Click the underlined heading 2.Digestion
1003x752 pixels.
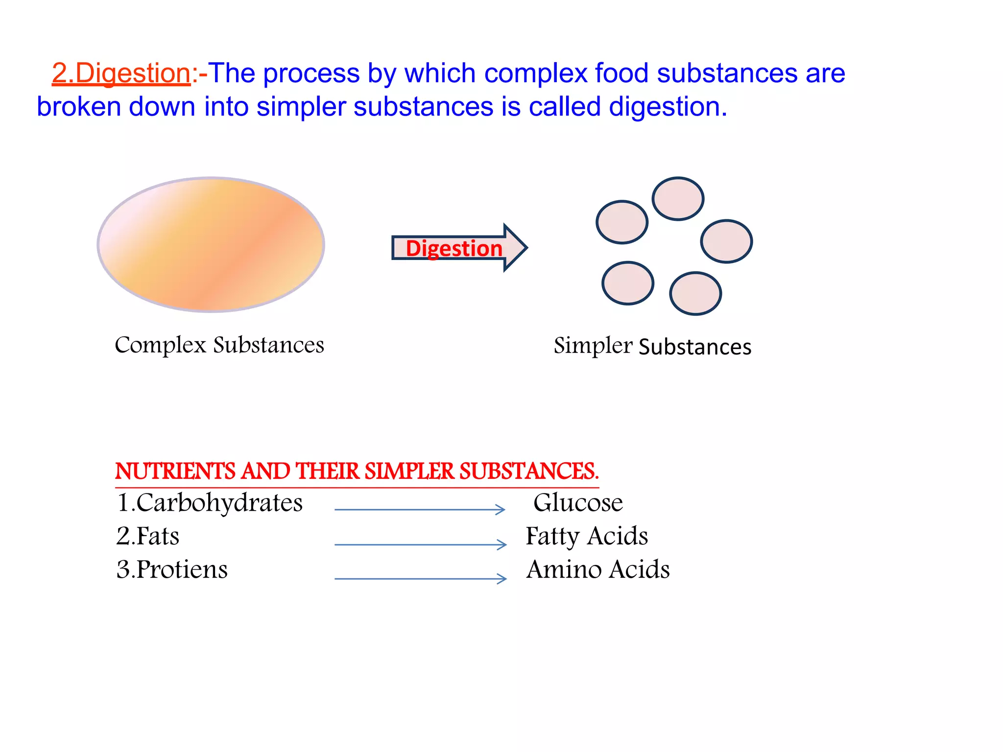point(121,73)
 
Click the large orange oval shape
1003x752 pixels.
point(211,244)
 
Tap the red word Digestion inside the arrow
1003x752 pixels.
point(454,248)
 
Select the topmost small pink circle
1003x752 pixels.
point(678,199)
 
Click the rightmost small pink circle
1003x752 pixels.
point(726,241)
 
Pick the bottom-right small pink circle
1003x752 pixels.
point(695,293)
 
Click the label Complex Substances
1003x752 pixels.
point(219,345)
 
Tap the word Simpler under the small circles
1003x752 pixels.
point(593,346)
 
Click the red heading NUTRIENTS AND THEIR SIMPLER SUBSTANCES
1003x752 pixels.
point(357,471)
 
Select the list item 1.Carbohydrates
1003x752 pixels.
point(210,503)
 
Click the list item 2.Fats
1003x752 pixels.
point(147,536)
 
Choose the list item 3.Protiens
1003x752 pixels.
point(172,569)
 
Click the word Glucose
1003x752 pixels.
point(578,503)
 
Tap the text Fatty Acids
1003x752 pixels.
point(587,536)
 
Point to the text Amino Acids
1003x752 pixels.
point(598,569)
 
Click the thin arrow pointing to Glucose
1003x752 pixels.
point(420,510)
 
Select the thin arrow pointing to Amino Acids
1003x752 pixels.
point(420,579)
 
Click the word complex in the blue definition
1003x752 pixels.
point(535,73)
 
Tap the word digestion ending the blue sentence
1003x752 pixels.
point(668,107)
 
